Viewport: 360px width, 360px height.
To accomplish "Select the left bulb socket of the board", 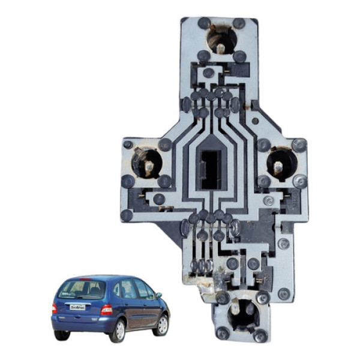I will [x=146, y=163].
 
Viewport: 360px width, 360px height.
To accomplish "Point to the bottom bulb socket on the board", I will [x=244, y=314].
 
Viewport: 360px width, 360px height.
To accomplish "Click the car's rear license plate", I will [x=77, y=307].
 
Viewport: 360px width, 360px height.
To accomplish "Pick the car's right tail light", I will [x=106, y=310].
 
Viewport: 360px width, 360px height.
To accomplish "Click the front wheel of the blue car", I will [x=161, y=325].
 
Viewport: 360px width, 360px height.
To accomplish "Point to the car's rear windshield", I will [x=82, y=290].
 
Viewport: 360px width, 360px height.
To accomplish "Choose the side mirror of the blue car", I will [x=158, y=295].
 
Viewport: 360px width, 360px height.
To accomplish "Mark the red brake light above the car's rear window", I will [x=84, y=279].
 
